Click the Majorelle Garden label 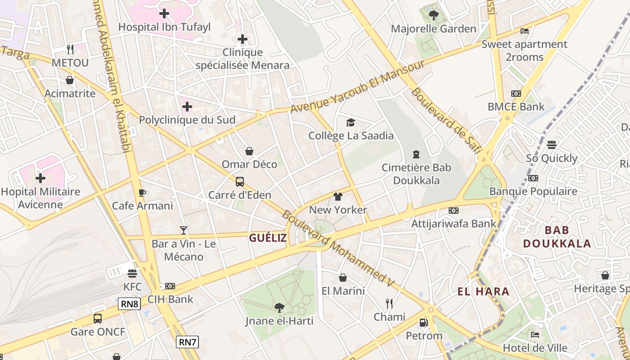[x=433, y=29]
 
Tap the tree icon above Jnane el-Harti [x=279, y=308]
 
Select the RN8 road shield [x=130, y=304]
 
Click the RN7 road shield [x=187, y=342]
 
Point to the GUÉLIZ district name [x=268, y=238]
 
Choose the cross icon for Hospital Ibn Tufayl [x=164, y=13]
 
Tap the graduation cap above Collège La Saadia [x=351, y=122]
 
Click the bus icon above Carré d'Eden [x=240, y=182]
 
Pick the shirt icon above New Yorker [x=338, y=197]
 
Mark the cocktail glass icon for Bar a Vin [x=184, y=230]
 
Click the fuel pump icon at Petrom [x=423, y=322]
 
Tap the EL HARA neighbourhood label [x=483, y=292]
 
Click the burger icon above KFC [x=132, y=273]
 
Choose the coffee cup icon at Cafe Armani [x=142, y=193]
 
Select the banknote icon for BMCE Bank [x=516, y=94]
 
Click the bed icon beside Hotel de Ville [x=535, y=335]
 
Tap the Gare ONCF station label [x=98, y=332]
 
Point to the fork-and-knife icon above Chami [x=389, y=303]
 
